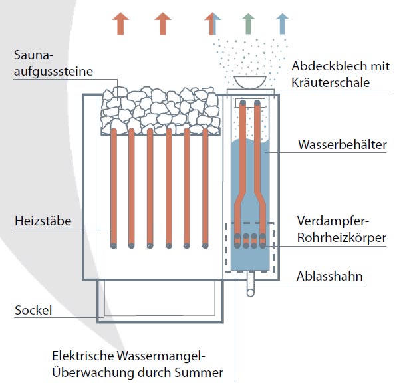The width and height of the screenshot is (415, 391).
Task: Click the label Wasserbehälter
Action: (342, 144)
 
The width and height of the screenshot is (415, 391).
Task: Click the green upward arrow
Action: (247, 23)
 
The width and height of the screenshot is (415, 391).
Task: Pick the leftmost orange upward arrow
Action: (120, 23)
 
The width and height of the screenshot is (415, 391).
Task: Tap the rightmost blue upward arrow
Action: (283, 23)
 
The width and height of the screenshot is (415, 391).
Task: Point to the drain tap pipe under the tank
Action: (249, 287)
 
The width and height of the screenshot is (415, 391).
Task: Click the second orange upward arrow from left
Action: (162, 23)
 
